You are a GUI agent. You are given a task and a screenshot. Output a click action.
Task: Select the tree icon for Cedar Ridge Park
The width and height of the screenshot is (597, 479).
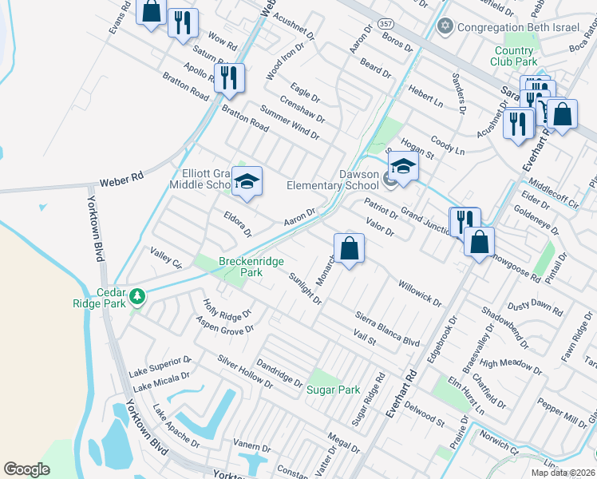138,297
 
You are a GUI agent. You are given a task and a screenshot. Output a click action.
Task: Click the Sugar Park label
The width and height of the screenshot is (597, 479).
333,390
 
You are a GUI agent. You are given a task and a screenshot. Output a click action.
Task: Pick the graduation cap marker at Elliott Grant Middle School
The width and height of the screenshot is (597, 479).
247,182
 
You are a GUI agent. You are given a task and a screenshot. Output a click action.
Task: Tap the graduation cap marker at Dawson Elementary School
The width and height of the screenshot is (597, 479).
403,169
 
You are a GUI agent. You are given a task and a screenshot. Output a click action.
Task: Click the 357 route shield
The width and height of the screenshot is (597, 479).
386,25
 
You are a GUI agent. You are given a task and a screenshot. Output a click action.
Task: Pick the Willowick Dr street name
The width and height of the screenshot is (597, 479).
420,292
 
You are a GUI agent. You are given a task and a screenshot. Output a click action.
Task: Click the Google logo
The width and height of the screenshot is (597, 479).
27,469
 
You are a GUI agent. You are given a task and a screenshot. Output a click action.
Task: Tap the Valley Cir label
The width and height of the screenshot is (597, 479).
167,259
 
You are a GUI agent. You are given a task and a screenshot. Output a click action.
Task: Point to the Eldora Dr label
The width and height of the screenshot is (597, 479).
238,223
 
